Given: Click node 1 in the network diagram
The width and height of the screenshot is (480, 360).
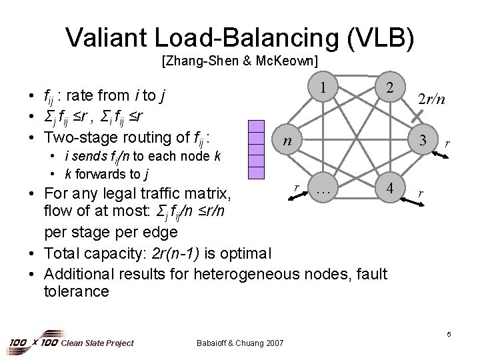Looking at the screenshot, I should tap(322, 88).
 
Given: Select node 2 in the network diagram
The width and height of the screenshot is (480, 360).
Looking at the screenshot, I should tap(389, 88).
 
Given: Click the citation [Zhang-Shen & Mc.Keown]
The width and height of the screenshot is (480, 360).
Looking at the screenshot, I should tap(239, 61).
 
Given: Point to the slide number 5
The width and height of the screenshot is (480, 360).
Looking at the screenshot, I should tap(449, 333).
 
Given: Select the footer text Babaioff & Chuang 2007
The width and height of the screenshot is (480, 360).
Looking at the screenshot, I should tap(241, 343).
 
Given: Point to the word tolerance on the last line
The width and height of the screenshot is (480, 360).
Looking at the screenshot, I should tap(77, 291).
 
